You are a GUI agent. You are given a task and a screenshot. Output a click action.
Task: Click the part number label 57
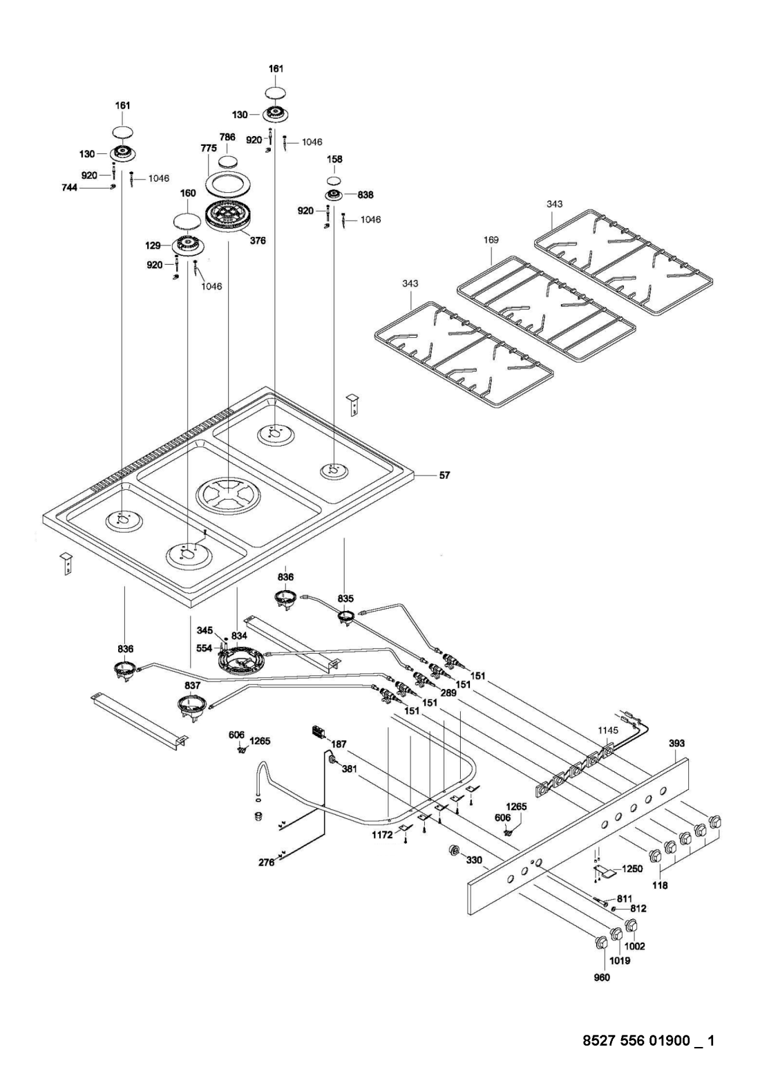tap(444, 475)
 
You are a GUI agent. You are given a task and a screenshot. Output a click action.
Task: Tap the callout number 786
tap(227, 137)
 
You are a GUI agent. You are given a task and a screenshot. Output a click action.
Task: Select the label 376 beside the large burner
tap(258, 240)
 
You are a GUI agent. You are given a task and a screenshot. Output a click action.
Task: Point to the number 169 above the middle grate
tap(491, 240)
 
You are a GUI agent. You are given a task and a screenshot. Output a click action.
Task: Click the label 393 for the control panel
tap(676, 743)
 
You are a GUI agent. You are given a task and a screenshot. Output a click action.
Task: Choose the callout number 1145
tap(607, 730)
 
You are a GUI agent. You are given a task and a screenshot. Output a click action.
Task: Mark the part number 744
tap(70, 188)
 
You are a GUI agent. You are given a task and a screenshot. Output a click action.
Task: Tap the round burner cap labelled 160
tap(188, 221)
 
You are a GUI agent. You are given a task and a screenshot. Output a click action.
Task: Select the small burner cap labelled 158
tap(335, 182)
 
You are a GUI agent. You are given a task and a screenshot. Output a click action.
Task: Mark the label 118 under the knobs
tap(661, 885)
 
